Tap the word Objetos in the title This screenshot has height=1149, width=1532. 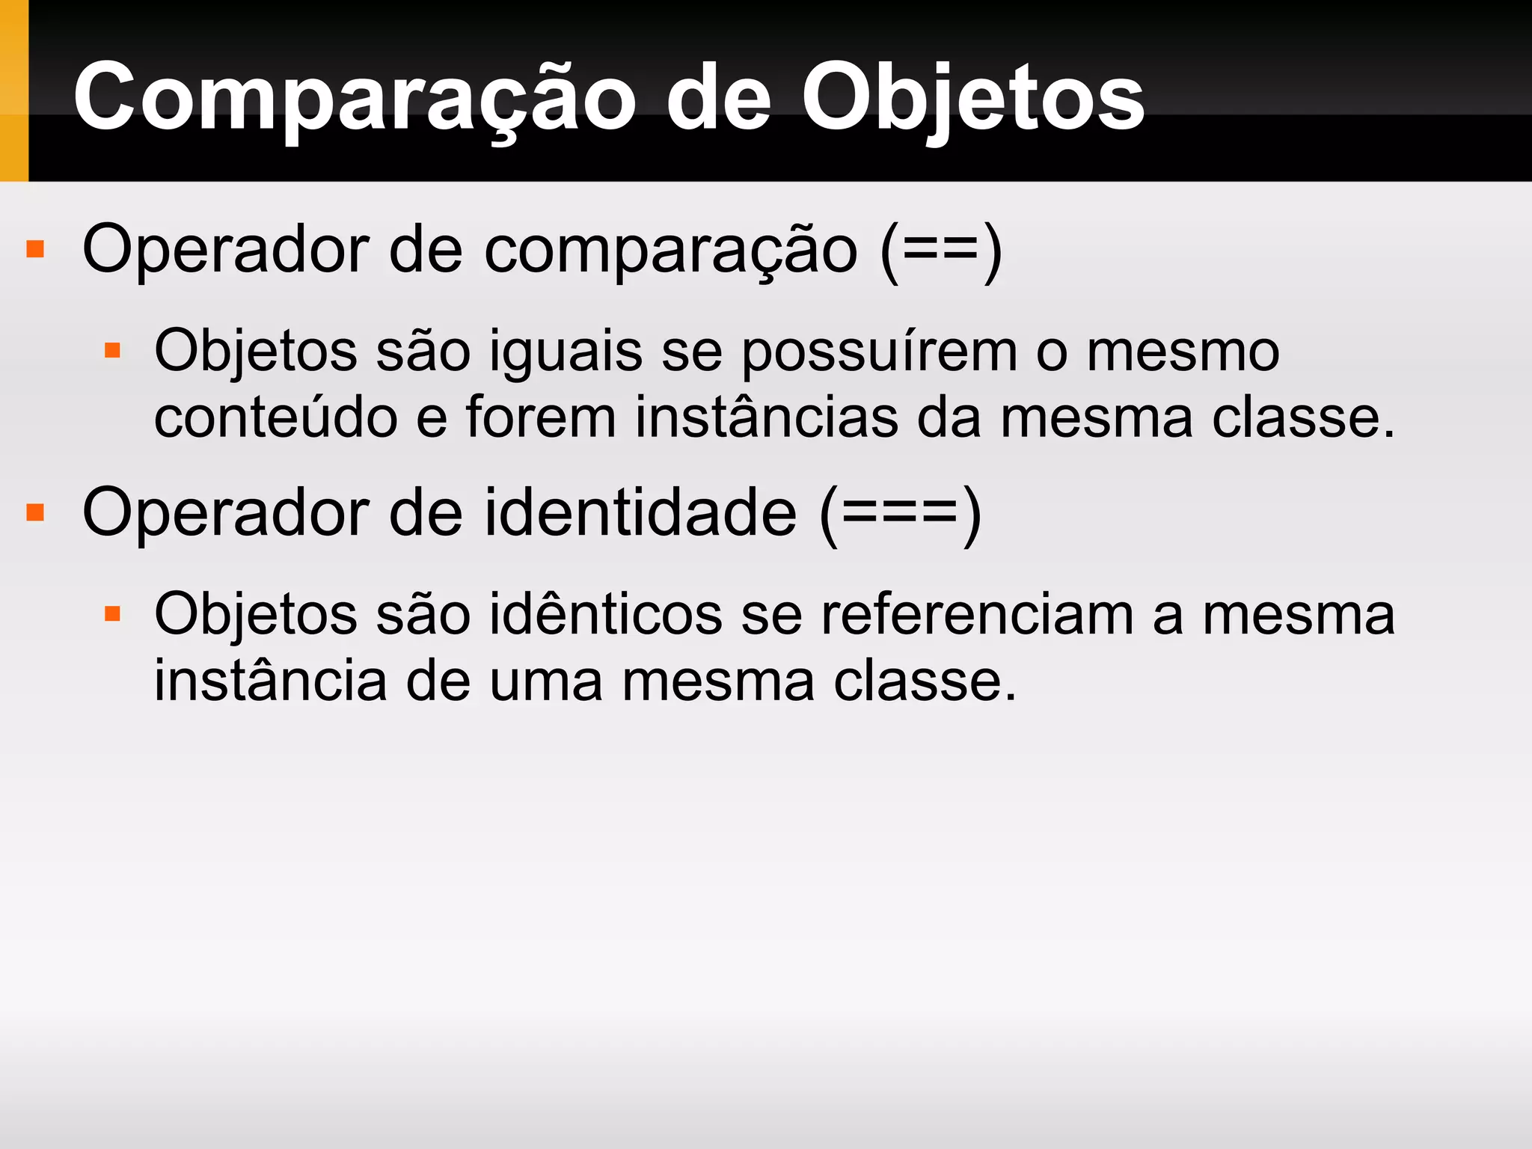click(972, 98)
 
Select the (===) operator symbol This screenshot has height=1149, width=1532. click(901, 514)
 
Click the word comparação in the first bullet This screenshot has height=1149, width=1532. click(670, 253)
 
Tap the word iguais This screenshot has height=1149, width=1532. click(566, 352)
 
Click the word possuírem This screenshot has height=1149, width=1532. click(879, 352)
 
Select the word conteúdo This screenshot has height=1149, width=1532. click(275, 417)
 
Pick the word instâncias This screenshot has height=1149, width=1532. click(766, 417)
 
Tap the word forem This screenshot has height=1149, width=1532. click(541, 417)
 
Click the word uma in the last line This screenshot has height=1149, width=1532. click(545, 681)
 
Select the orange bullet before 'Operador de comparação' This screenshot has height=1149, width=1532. click(35, 249)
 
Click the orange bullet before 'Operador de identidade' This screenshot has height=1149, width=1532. click(35, 512)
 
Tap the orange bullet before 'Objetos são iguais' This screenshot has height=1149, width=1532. click(112, 351)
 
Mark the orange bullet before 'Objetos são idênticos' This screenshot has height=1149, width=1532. click(112, 614)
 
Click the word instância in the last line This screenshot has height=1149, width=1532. click(270, 681)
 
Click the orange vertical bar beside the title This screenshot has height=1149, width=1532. click(13, 91)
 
